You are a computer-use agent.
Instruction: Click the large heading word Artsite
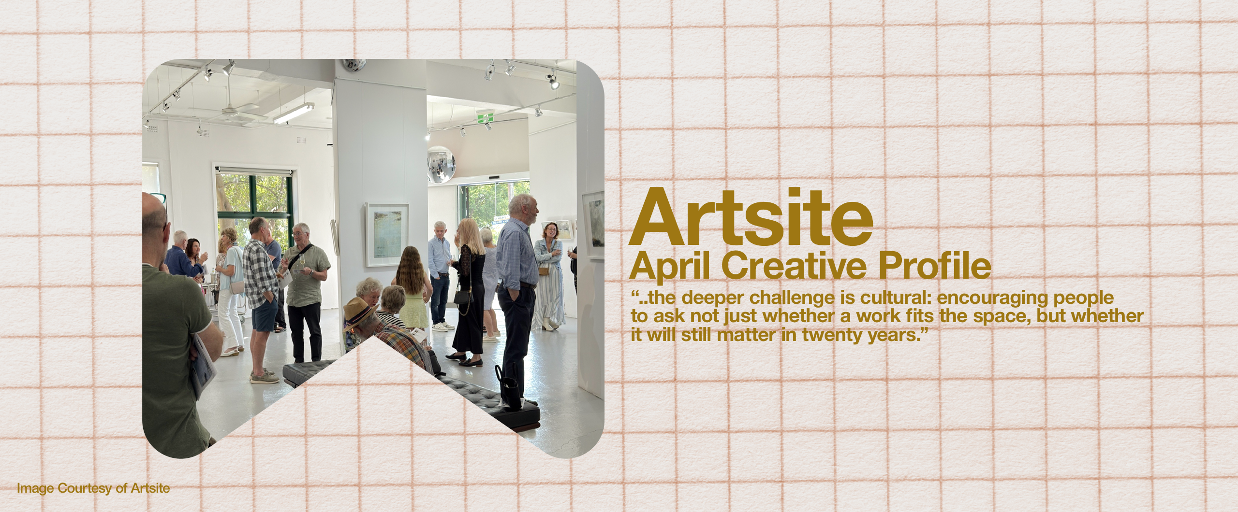[751, 217]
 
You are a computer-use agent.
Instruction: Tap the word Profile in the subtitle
[935, 265]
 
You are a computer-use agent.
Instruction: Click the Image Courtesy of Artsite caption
[93, 488]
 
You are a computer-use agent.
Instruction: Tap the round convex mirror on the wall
[441, 165]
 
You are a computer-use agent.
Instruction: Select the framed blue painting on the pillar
[387, 234]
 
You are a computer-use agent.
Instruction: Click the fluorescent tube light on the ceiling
[294, 114]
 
